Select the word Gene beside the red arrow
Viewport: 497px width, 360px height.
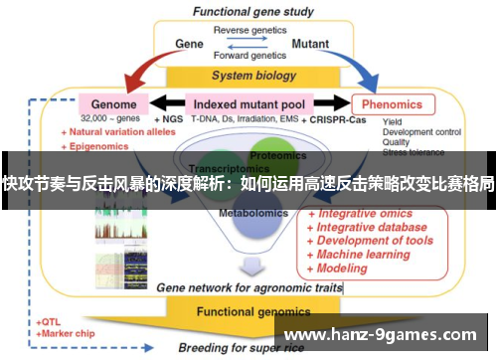point(189,44)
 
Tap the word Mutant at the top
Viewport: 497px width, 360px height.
point(310,44)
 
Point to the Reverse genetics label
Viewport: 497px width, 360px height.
point(248,29)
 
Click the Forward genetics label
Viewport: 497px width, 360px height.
point(248,57)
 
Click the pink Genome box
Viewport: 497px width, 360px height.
point(113,103)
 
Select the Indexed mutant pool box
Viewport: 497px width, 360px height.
point(248,103)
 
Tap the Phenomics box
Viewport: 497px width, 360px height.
point(394,103)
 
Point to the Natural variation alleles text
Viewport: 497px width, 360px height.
point(115,131)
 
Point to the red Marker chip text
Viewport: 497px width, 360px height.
point(73,334)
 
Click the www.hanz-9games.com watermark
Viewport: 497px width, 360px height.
point(384,335)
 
